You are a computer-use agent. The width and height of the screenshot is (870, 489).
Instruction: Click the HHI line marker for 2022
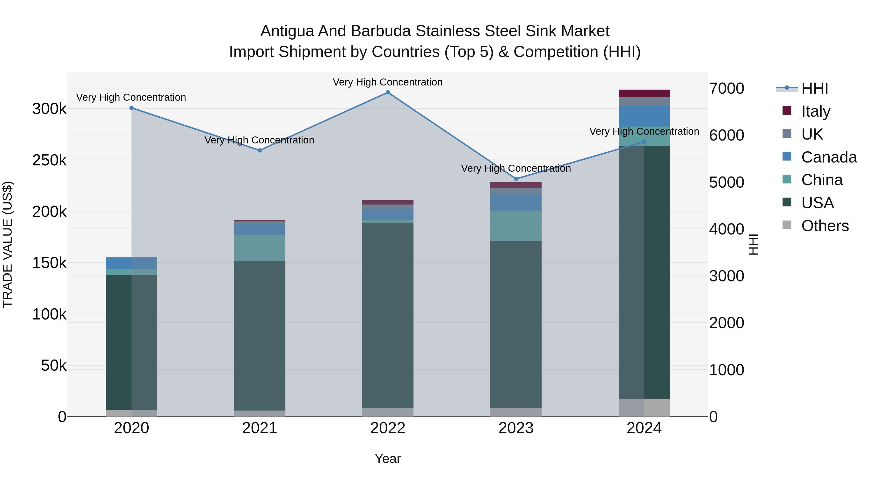click(388, 92)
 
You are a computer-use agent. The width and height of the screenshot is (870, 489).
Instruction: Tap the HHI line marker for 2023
click(516, 179)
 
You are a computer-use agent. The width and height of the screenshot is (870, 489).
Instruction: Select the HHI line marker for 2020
click(131, 108)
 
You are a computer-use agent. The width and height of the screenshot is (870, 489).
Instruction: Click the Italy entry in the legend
click(815, 111)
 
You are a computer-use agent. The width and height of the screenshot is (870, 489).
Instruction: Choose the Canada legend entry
click(828, 157)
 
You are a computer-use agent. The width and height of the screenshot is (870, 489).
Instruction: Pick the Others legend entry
click(824, 226)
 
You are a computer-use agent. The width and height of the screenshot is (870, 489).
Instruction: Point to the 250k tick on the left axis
click(49, 160)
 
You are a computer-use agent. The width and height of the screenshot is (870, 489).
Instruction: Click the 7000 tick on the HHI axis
click(726, 88)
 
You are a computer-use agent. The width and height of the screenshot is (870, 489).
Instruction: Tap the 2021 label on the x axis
click(259, 428)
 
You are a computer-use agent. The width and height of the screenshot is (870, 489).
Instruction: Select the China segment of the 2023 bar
click(516, 226)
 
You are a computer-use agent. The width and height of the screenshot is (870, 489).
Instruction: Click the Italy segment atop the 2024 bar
click(644, 93)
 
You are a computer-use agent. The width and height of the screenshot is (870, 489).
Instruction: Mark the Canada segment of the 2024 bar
click(644, 116)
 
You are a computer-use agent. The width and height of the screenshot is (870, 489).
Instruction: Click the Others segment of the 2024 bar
click(644, 407)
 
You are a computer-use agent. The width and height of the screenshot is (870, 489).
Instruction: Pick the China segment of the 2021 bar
click(259, 248)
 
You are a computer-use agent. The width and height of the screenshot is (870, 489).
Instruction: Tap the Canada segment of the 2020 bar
click(131, 263)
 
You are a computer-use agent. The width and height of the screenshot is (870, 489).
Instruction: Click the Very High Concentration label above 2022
click(387, 82)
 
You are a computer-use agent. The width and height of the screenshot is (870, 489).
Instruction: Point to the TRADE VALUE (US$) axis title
click(7, 244)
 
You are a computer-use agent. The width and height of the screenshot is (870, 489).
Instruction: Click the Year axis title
click(387, 459)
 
